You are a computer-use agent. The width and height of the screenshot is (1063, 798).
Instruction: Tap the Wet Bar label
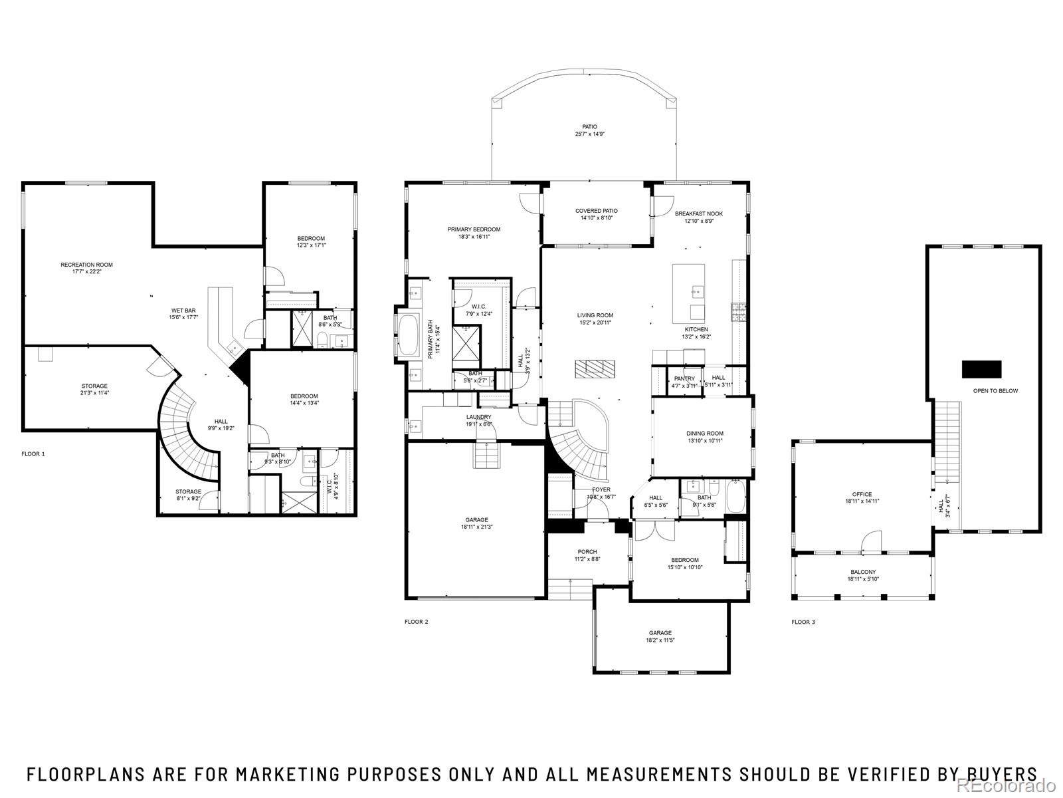(183, 311)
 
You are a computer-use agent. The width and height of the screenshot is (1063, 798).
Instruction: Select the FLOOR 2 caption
(417, 622)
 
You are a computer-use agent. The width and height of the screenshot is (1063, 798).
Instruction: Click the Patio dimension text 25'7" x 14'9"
(589, 134)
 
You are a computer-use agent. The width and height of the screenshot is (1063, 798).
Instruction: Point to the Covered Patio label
(596, 211)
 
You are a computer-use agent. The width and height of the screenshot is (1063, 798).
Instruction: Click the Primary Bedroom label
(474, 229)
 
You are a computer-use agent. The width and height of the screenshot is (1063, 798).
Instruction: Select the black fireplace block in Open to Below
(981, 369)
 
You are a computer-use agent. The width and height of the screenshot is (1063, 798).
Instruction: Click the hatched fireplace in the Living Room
(595, 368)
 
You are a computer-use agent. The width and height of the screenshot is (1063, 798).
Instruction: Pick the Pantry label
(684, 378)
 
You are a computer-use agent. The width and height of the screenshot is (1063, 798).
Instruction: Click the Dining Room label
(705, 434)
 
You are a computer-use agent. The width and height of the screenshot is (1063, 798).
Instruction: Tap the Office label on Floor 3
(862, 494)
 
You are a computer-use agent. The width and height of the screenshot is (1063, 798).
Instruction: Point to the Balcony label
(863, 572)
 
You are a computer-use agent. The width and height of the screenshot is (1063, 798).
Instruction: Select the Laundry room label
(478, 417)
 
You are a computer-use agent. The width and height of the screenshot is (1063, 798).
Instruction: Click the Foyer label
(601, 489)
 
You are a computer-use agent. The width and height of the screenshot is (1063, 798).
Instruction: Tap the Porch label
(587, 551)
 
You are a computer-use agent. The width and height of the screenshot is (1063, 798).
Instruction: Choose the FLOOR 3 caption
(803, 622)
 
